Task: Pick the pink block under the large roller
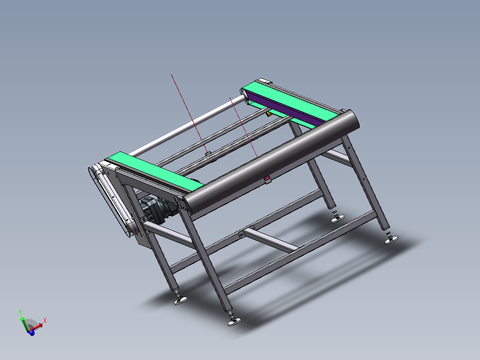coord(268,179)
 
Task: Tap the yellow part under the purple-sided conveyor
coord(269,115)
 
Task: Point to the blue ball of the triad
coord(32,333)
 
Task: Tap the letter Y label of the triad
coord(20,312)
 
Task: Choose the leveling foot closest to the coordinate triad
coord(180,301)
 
